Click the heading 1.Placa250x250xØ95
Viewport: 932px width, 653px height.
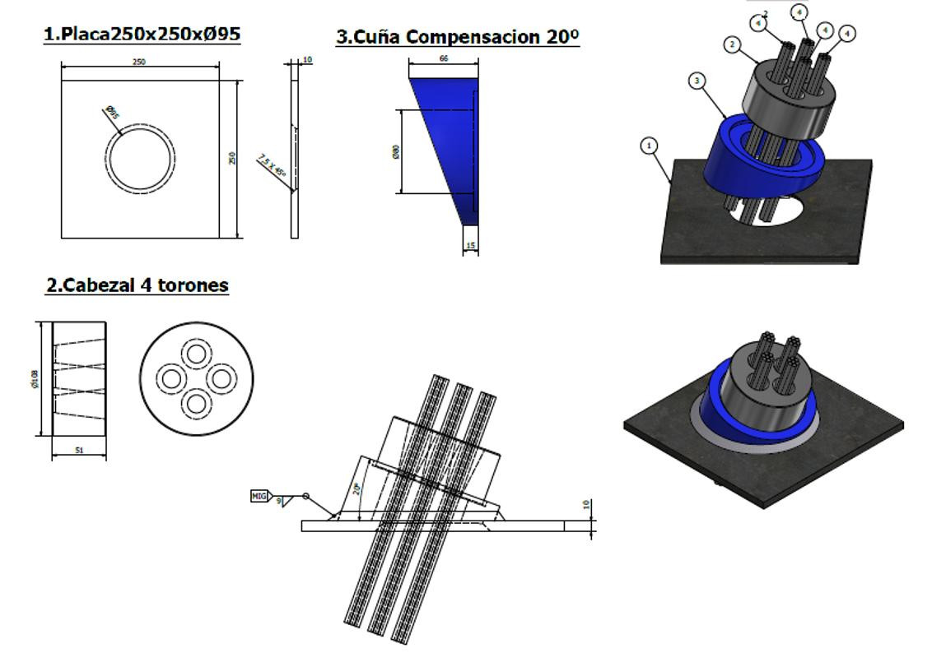coord(142,35)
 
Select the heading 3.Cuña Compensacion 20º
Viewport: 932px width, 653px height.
coord(458,37)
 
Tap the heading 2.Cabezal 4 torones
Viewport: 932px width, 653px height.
coord(137,285)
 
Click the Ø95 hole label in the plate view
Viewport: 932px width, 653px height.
coord(112,113)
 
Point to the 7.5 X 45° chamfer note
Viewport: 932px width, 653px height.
coord(272,165)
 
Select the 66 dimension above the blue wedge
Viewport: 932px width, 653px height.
coord(444,59)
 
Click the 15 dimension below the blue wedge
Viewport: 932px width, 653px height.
coord(470,245)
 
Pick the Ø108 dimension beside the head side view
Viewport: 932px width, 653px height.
coord(35,378)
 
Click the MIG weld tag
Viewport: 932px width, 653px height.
coord(259,496)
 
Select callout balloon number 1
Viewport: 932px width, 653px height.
coord(650,146)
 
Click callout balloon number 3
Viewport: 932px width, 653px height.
coord(698,81)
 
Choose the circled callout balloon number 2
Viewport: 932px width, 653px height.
coord(733,44)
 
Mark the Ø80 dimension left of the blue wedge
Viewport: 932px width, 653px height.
coord(396,152)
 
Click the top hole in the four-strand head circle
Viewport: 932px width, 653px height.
coord(196,354)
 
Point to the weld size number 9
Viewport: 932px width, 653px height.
coord(278,500)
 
